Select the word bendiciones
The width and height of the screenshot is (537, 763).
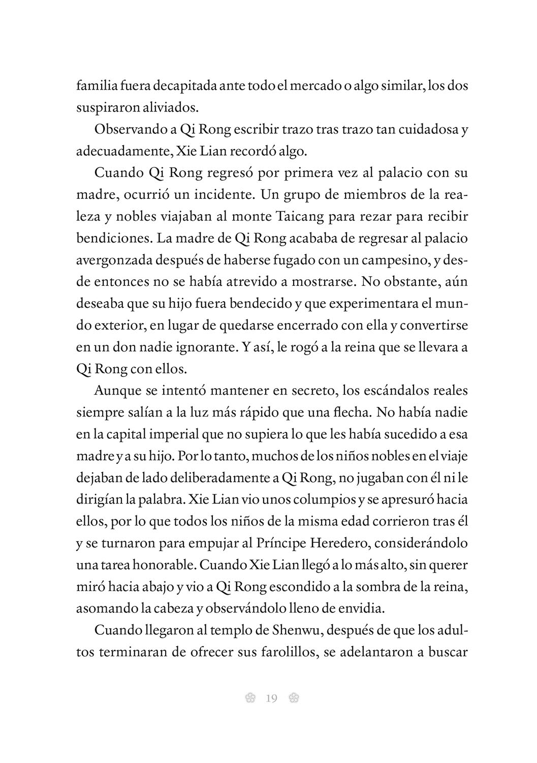[113, 239]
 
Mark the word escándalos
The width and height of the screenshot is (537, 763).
[379, 392]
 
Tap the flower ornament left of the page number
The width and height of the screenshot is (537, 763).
[249, 699]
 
